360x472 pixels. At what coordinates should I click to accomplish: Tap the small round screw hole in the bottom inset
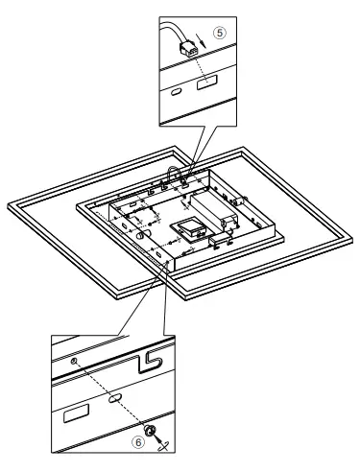tap(75, 360)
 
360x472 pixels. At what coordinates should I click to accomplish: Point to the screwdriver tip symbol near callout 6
tap(164, 442)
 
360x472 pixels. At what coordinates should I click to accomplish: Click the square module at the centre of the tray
tap(188, 229)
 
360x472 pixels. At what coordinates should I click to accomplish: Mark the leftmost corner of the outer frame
tap(8, 205)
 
